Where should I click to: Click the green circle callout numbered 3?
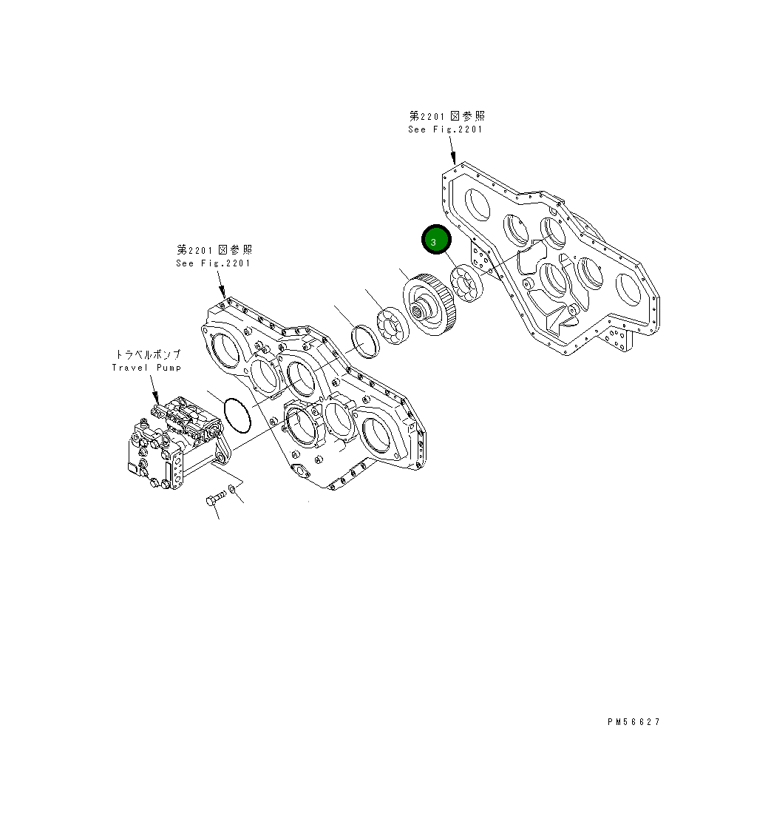tap(435, 241)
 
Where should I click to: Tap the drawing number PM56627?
tap(634, 722)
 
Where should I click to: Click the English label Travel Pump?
tap(146, 368)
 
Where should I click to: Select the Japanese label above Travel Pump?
tap(147, 355)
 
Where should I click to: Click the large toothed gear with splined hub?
tap(432, 305)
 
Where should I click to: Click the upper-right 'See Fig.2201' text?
tap(446, 129)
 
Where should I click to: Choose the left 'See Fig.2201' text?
tap(214, 263)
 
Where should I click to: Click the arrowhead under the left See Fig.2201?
tap(223, 294)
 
